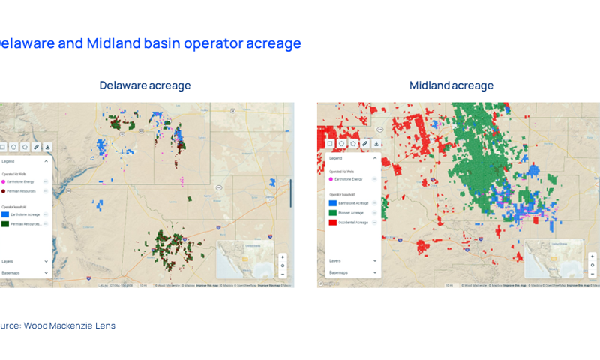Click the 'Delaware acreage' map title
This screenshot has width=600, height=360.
145,85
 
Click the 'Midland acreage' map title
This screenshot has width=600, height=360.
451,85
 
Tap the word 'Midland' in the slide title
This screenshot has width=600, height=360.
114,43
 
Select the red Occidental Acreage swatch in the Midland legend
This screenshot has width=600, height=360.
332,223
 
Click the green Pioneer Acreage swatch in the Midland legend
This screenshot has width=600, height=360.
332,213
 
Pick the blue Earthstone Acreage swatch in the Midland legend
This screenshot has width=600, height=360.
332,203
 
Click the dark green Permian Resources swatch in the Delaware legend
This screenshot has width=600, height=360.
5,224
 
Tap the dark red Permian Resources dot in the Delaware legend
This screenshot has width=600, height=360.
4,191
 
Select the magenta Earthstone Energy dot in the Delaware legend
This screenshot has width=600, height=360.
4,181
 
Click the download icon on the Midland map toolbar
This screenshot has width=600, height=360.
376,143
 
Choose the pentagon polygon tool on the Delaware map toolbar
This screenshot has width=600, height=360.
25,147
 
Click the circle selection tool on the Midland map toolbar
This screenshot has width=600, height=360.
341,143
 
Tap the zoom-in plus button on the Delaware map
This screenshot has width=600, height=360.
283,257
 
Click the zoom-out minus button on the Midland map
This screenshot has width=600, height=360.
592,274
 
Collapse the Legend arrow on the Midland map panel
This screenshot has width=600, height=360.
375,159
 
